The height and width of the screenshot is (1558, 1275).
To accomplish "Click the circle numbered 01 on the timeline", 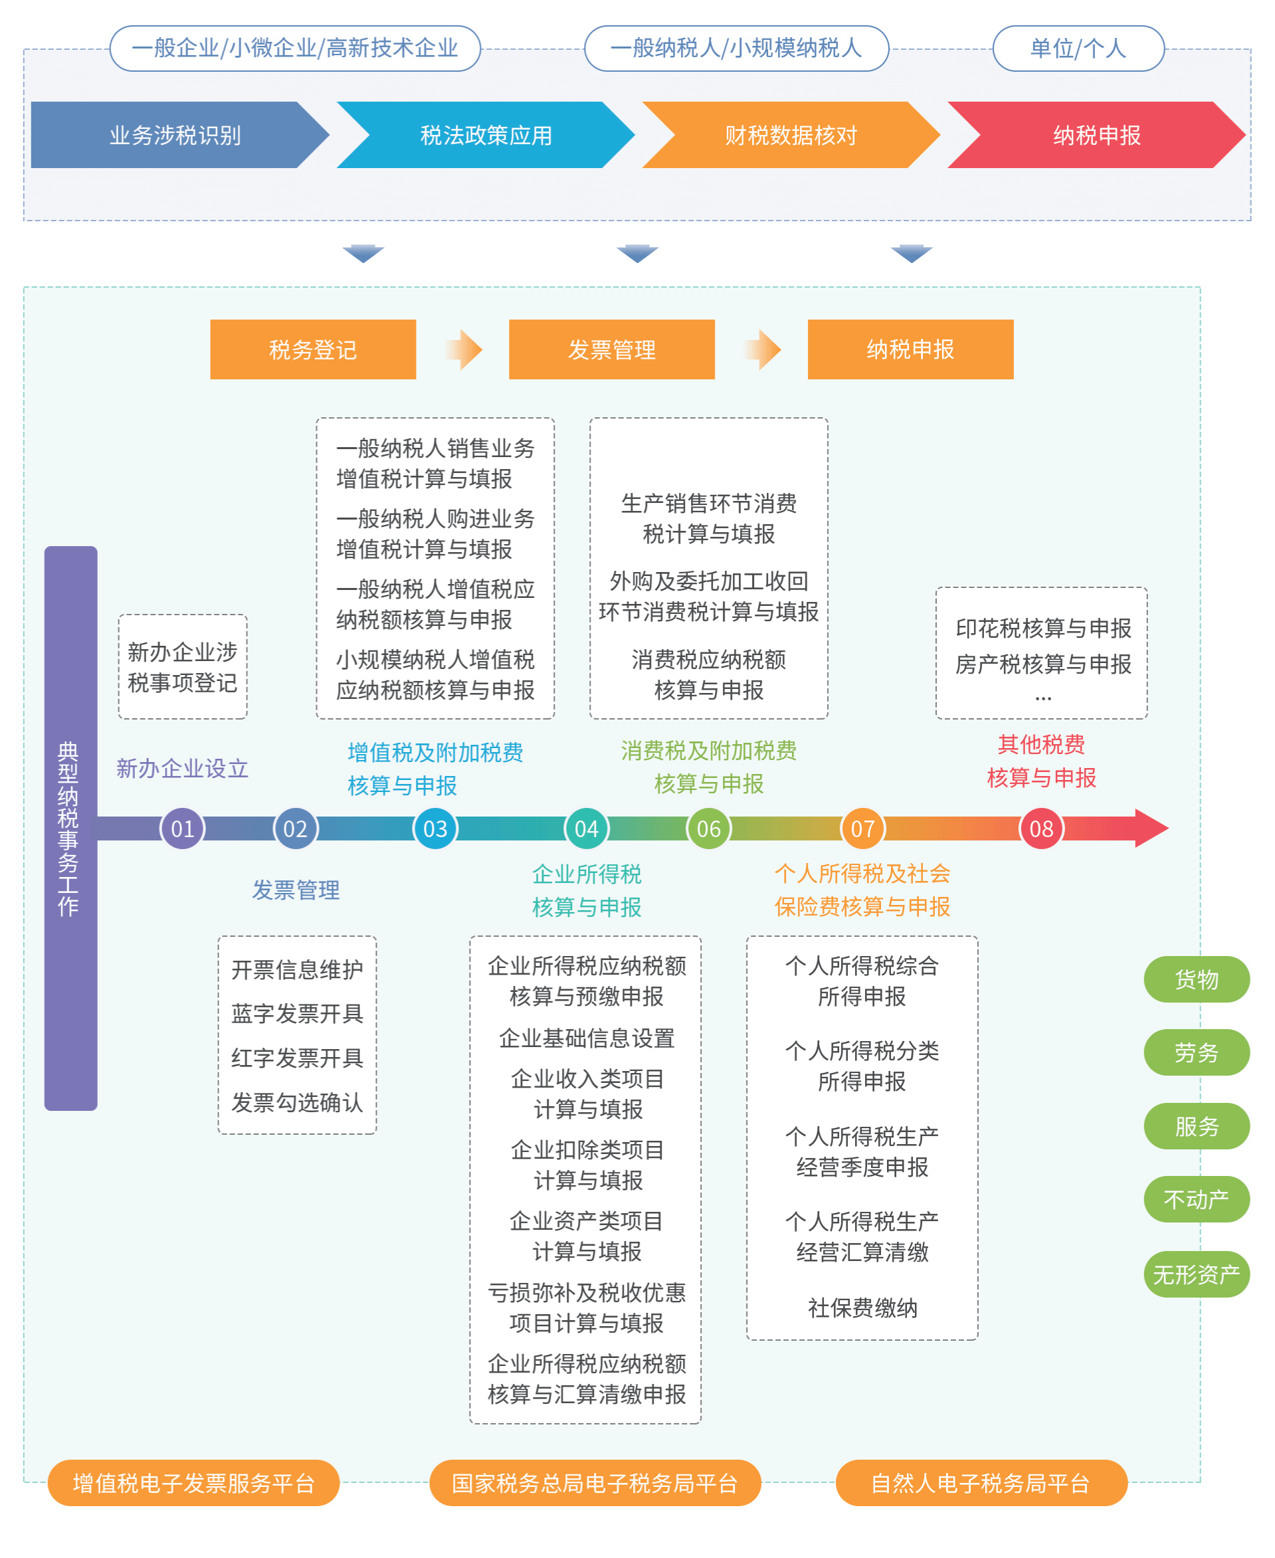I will (182, 828).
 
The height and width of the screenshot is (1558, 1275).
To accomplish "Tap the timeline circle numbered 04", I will (586, 828).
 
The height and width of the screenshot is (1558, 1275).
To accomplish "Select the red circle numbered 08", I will (1041, 828).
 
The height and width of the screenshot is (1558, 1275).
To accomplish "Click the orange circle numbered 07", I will (862, 828).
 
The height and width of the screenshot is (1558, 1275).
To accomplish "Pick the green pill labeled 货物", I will (1196, 979).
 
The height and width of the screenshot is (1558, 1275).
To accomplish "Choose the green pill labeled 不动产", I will (1196, 1199).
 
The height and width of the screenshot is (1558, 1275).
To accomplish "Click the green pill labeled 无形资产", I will (1196, 1274).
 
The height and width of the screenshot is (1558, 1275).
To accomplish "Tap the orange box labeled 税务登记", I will (313, 349).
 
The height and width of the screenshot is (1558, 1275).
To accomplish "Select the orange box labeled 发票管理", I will (611, 349).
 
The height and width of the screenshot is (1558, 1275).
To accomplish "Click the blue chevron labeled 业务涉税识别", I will (175, 135).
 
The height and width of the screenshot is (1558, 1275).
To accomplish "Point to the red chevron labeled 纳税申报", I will (1096, 135).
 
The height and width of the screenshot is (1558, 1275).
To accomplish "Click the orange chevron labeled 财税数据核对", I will (790, 135).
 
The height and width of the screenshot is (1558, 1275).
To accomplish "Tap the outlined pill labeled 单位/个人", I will (1078, 49).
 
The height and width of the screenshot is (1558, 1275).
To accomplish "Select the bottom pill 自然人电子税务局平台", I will (981, 1483).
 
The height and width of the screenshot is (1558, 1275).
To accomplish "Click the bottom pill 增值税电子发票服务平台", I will (193, 1483).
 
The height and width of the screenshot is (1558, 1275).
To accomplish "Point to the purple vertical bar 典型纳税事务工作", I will (70, 828).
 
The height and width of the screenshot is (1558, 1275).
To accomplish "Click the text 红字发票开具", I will (297, 1058).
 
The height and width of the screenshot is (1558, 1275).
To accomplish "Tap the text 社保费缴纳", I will (862, 1308).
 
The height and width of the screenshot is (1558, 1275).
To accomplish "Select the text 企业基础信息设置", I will (586, 1038).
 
